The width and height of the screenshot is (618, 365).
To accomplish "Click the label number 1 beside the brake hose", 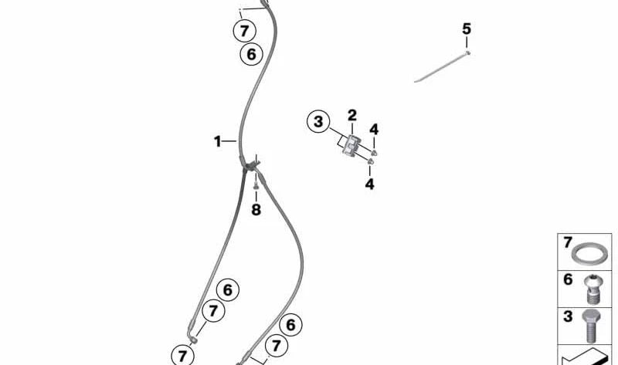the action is click(217, 141).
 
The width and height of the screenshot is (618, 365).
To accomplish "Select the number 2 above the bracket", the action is click(352, 116).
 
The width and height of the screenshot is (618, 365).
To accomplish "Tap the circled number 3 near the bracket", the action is click(318, 122).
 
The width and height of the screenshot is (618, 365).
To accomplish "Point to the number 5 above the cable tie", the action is click(467, 29).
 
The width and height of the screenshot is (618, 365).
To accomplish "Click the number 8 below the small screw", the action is click(256, 209).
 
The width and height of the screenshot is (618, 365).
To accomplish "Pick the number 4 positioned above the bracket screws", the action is click(374, 129).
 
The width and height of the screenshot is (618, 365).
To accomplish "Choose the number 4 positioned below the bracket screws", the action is click(369, 184).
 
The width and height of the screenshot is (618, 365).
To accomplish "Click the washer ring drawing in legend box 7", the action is click(589, 254).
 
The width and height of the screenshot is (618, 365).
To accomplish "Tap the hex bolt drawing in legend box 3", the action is click(591, 326).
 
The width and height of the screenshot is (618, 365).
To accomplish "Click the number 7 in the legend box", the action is click(568, 242).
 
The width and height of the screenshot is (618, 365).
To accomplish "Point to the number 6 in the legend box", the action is click(568, 279).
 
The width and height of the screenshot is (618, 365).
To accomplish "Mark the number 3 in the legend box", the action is click(568, 316).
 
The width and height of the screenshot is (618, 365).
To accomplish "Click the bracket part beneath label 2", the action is click(351, 145).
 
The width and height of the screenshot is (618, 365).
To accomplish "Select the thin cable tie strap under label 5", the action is click(442, 66).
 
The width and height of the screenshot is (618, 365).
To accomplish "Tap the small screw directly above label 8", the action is click(256, 185).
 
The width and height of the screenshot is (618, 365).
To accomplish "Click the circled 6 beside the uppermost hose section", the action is click(252, 54).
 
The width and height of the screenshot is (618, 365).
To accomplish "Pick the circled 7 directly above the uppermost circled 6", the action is click(244, 31).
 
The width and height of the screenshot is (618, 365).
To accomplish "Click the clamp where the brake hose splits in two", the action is click(250, 165).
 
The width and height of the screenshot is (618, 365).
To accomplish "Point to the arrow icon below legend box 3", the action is click(586, 357).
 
